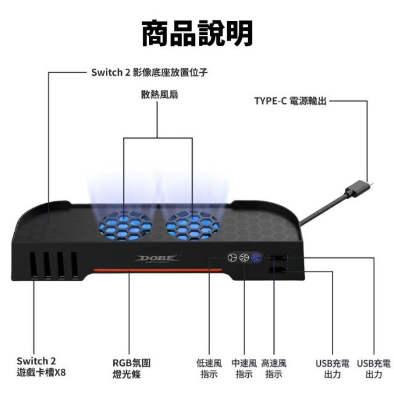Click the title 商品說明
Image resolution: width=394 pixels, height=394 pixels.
[197, 34]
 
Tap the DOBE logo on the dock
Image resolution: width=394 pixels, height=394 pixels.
[157, 259]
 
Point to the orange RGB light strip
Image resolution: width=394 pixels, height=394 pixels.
[158, 270]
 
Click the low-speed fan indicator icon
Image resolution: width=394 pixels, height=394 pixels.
[232, 257]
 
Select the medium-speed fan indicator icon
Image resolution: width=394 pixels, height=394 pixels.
[244, 257]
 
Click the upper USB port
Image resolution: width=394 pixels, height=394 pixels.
[278, 258]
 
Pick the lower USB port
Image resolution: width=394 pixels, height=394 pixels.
[278, 270]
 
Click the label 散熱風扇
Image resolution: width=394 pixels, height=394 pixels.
[159, 95]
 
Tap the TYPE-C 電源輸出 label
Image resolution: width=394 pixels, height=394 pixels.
[291, 101]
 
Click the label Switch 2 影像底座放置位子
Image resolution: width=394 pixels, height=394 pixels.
[149, 73]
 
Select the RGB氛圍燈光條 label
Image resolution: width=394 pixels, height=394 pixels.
[131, 369]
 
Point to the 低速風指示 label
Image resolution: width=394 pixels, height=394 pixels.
[209, 369]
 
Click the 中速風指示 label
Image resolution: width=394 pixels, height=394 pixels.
[244, 369]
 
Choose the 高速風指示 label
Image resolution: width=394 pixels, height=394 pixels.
[274, 369]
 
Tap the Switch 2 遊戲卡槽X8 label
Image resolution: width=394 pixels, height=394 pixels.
[41, 367]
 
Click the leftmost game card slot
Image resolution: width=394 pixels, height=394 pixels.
[33, 265]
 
